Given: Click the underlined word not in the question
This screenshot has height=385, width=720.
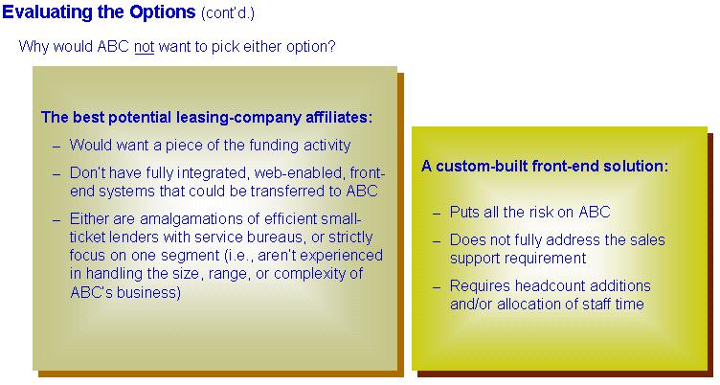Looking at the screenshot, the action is coord(145,46).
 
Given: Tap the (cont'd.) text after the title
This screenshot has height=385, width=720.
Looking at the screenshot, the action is coord(227,12).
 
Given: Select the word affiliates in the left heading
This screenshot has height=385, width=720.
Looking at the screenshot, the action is coord(339,117).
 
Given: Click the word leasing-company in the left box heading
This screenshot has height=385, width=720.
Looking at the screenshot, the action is coord(238,118).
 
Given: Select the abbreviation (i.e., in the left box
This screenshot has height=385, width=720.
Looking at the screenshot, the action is coord(238,256).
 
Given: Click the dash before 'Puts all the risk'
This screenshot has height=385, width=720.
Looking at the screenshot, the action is coord(437,214).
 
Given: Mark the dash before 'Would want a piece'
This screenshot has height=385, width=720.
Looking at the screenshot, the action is coord(56,147).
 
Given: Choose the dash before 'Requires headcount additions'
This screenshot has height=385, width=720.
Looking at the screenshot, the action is coord(437,287).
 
